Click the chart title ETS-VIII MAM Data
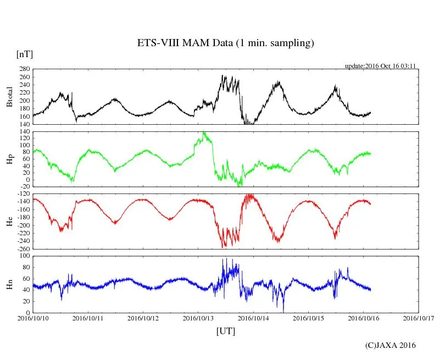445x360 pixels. point(225,43)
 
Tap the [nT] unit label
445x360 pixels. point(24,54)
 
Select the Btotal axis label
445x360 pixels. point(9,97)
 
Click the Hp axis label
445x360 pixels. point(9,159)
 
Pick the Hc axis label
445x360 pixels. point(9,221)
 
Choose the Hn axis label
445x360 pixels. point(9,284)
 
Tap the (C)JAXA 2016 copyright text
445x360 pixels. point(390,345)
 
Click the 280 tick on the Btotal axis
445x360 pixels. point(24,69)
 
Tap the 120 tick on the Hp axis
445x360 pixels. point(24,139)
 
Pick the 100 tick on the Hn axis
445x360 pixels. point(24,256)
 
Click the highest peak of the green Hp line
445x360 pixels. point(204,132)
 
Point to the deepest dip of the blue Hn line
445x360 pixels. point(283,311)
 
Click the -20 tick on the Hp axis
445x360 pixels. point(24,187)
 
